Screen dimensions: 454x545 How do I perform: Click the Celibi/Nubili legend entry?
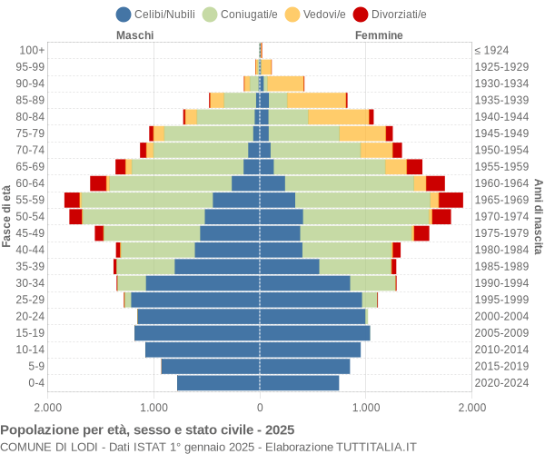(x=159, y=14)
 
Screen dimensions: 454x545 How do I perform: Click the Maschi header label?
(x=134, y=35)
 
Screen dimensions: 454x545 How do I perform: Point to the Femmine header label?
(x=380, y=35)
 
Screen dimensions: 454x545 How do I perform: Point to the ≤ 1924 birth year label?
(x=491, y=50)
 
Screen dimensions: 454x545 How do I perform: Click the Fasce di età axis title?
(x=7, y=216)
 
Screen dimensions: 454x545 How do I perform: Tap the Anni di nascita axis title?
(x=538, y=216)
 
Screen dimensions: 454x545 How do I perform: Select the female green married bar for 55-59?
(x=362, y=200)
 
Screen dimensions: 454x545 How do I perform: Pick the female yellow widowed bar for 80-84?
(x=338, y=116)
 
